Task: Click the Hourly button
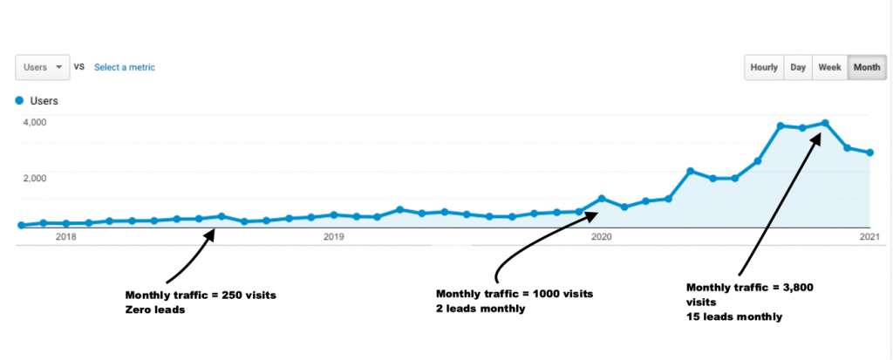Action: pyautogui.click(x=764, y=67)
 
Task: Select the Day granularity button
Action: pyautogui.click(x=798, y=67)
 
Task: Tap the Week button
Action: pyautogui.click(x=829, y=67)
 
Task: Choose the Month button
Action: pyautogui.click(x=866, y=67)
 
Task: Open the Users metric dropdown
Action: pyautogui.click(x=42, y=67)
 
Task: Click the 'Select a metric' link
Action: pyautogui.click(x=125, y=67)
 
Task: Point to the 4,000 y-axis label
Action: pyautogui.click(x=34, y=122)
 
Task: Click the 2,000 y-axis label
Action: pyautogui.click(x=34, y=177)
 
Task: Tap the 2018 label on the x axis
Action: pyautogui.click(x=66, y=236)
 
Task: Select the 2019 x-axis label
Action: pyautogui.click(x=334, y=236)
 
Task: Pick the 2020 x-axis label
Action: pyautogui.click(x=602, y=236)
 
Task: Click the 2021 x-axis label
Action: pyautogui.click(x=869, y=236)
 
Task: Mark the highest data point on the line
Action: pyautogui.click(x=824, y=123)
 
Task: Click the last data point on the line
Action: pyautogui.click(x=869, y=153)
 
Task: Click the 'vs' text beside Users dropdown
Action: pyautogui.click(x=78, y=67)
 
